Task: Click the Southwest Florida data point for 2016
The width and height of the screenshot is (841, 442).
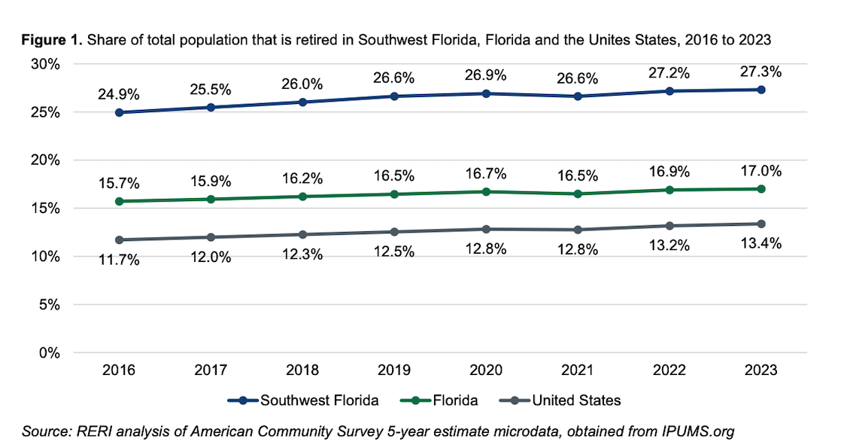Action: pyautogui.click(x=119, y=112)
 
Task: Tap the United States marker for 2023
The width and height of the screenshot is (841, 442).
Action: pyautogui.click(x=761, y=224)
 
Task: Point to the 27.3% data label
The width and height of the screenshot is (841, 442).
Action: pyautogui.click(x=761, y=72)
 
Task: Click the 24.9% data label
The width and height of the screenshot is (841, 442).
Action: pyautogui.click(x=119, y=95)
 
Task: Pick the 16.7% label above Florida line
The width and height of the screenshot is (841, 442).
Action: pyautogui.click(x=485, y=174)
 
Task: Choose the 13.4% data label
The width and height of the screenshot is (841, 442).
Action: pyautogui.click(x=761, y=243)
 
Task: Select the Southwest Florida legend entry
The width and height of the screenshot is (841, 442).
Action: pyautogui.click(x=305, y=401)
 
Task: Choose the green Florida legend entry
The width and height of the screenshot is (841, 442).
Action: pyautogui.click(x=443, y=401)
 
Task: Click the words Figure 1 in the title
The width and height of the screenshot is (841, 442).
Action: pyautogui.click(x=52, y=40)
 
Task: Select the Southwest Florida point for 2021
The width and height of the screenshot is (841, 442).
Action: pyautogui.click(x=577, y=96)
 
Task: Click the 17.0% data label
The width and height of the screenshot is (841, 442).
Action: pyautogui.click(x=761, y=171)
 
